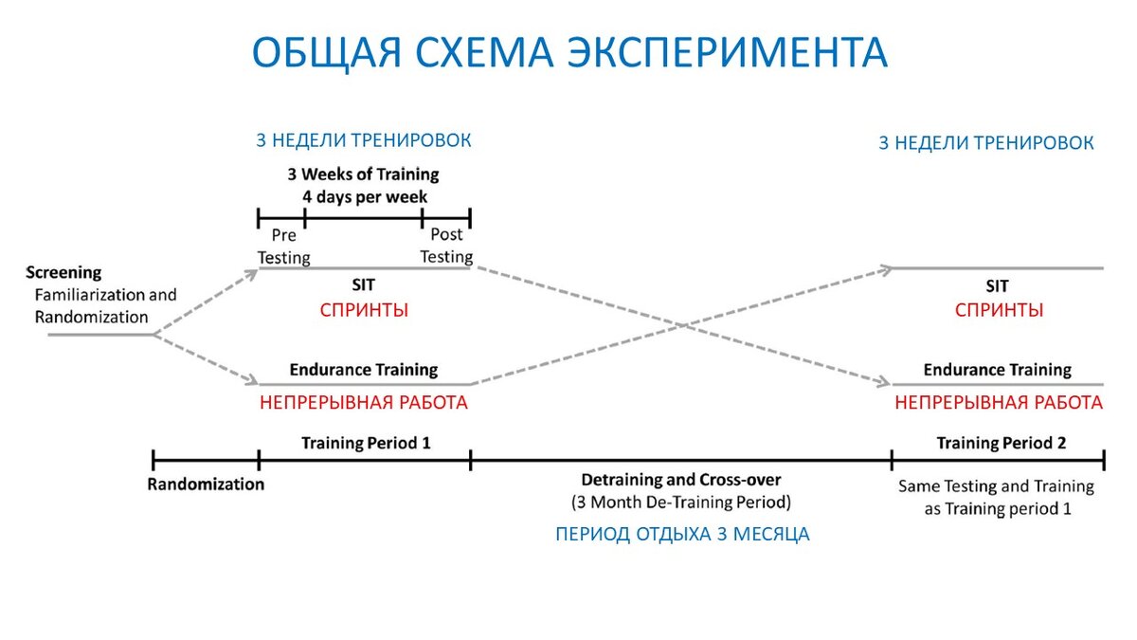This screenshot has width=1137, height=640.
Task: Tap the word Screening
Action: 63,273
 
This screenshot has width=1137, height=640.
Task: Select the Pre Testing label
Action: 284,246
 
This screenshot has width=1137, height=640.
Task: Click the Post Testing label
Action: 446,246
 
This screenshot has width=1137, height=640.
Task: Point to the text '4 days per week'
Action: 364,197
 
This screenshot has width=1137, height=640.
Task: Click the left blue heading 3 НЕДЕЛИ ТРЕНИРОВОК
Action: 364,140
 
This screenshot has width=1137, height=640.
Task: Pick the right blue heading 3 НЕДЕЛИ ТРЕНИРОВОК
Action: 986,143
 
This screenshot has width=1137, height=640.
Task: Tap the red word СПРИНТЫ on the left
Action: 364,310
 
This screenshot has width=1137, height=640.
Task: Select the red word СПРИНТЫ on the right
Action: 999,310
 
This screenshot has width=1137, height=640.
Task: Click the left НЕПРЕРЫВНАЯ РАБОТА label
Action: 364,402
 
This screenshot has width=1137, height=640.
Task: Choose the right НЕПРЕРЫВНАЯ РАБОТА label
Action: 999,402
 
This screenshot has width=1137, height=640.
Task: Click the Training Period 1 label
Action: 366,442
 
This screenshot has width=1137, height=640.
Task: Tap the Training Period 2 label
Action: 1001,442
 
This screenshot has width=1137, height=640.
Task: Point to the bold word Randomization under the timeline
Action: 206,484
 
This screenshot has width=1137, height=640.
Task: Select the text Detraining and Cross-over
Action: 681,479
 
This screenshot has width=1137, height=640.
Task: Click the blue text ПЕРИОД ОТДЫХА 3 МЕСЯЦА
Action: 682,534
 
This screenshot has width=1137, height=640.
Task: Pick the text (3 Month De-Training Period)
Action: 681,501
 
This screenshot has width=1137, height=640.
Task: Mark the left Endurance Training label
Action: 364,370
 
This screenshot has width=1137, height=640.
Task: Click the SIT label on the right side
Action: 998,285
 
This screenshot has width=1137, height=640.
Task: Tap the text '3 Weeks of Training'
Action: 364,174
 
